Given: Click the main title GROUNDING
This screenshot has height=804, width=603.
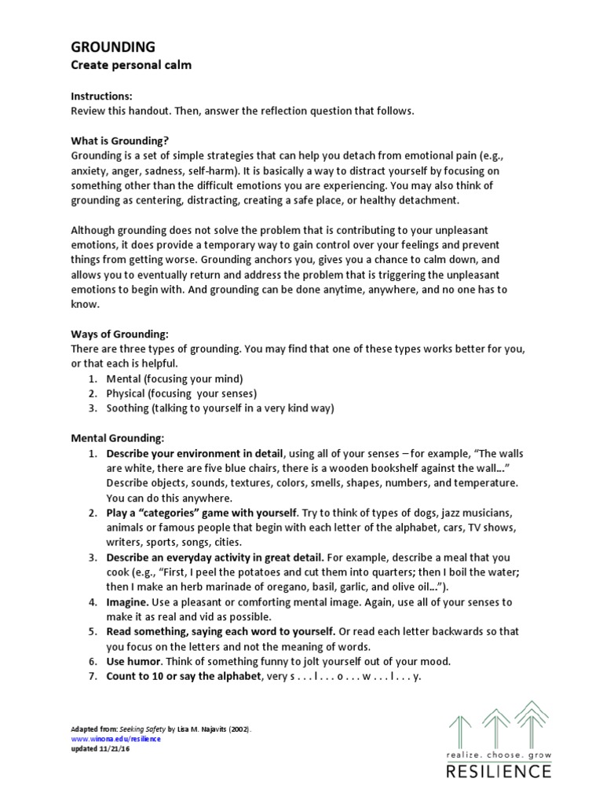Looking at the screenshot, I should pyautogui.click(x=113, y=47).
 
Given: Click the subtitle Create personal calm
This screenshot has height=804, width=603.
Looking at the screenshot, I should pyautogui.click(x=131, y=65).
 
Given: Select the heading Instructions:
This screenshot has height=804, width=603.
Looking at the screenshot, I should pyautogui.click(x=102, y=96).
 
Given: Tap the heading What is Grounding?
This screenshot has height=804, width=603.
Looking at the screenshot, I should pyautogui.click(x=120, y=141).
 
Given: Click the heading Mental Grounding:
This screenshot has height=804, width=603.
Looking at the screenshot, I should pyautogui.click(x=118, y=437).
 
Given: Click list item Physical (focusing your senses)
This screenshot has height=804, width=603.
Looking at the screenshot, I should pyautogui.click(x=181, y=393).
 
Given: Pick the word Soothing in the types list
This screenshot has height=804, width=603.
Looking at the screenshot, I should pyautogui.click(x=127, y=407).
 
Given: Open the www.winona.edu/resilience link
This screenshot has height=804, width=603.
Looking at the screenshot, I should pyautogui.click(x=115, y=739).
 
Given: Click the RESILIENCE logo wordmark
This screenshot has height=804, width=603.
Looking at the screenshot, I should pyautogui.click(x=499, y=770).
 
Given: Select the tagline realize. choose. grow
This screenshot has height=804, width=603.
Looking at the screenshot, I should pyautogui.click(x=499, y=754).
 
